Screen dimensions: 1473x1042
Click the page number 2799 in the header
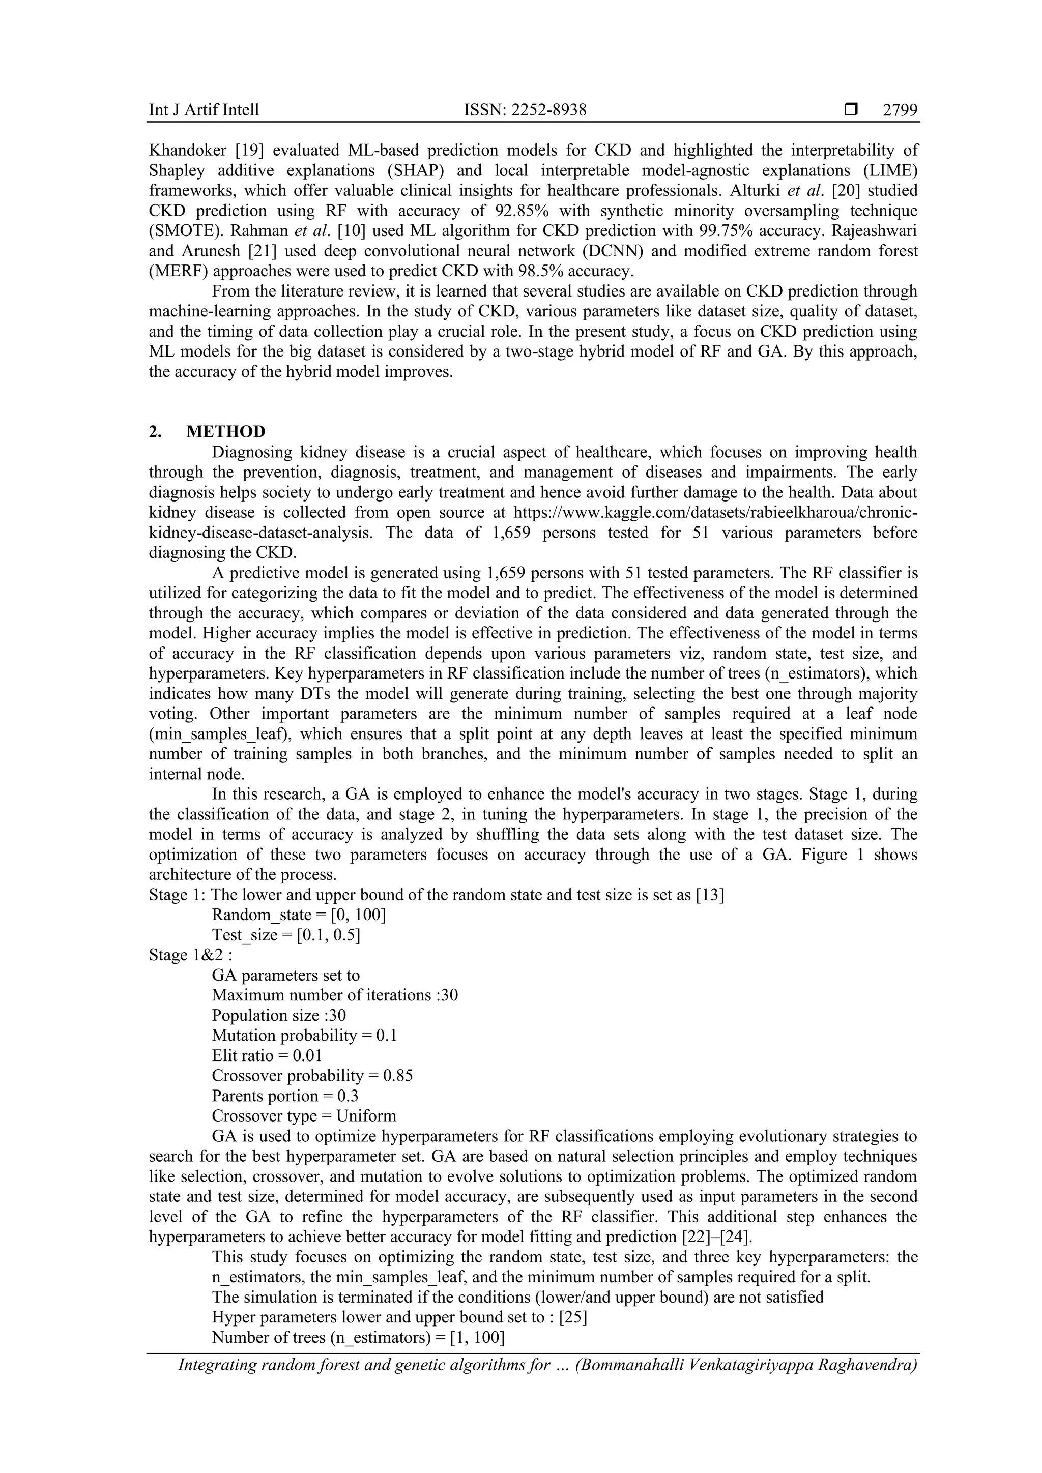[x=900, y=110]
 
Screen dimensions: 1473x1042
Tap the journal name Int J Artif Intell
[x=204, y=110]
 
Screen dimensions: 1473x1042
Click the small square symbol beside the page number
[x=851, y=110]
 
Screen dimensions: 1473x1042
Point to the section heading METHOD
[x=226, y=432]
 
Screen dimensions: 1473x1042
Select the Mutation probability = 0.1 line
[x=304, y=1036]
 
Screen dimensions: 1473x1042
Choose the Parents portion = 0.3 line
[x=285, y=1096]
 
